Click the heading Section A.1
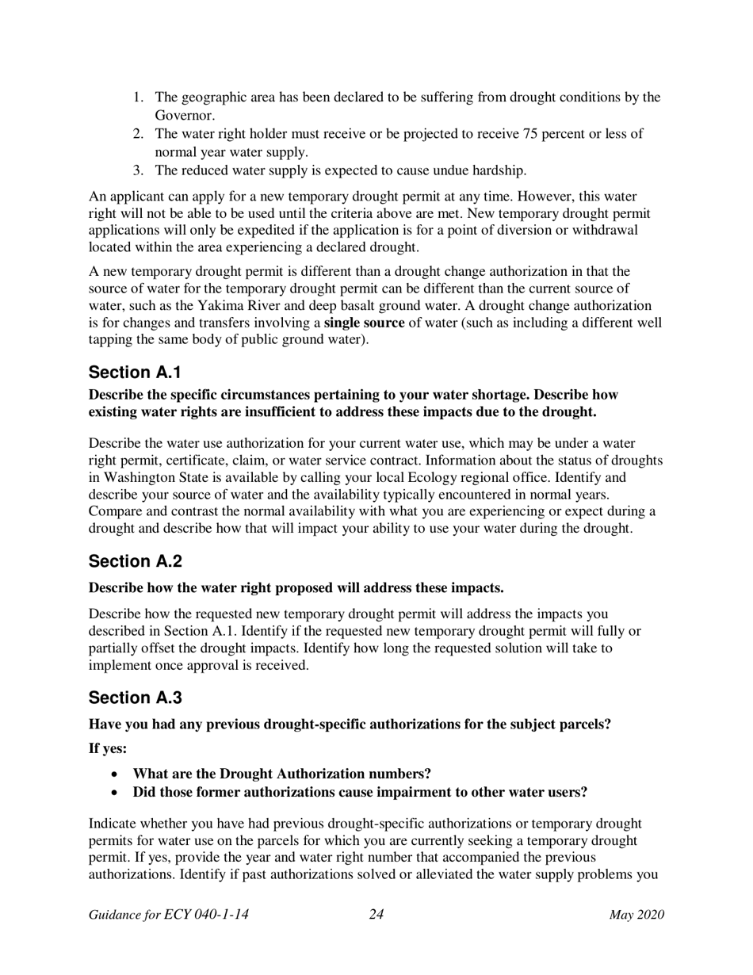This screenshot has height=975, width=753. coord(136,373)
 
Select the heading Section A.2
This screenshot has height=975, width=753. coord(136,561)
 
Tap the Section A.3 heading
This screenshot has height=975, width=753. coord(136,698)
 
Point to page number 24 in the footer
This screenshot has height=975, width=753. coord(376,915)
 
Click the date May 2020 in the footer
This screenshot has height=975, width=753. coord(636,915)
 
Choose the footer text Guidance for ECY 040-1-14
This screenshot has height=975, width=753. coord(169,915)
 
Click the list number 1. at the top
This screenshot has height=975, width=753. coord(138,97)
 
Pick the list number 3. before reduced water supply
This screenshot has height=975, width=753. coord(138,170)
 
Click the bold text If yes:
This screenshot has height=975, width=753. coord(108,748)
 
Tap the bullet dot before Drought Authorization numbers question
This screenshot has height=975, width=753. coord(117,774)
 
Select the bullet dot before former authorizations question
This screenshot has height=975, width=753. coord(117,793)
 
